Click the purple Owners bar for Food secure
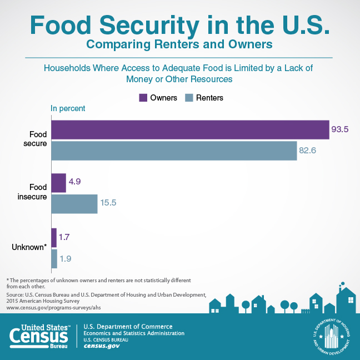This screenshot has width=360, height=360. pyautogui.click(x=190, y=129)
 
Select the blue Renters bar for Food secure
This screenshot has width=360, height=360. pyautogui.click(x=174, y=151)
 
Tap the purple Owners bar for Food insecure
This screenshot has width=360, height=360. pyautogui.click(x=58, y=183)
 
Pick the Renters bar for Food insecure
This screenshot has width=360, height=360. pyautogui.click(x=74, y=204)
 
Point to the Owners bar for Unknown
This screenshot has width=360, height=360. pyautogui.click(x=54, y=237)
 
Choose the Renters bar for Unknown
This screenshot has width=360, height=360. pyautogui.click(x=54, y=258)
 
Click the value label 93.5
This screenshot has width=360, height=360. pyautogui.click(x=340, y=129)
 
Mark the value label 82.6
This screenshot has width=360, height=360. pyautogui.click(x=308, y=151)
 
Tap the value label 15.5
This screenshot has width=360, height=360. pyautogui.click(x=109, y=204)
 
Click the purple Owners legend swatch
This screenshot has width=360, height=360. pyautogui.click(x=143, y=98)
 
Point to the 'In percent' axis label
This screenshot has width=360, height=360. pyautogui.click(x=68, y=108)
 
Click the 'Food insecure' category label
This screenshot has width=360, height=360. pyautogui.click(x=31, y=192)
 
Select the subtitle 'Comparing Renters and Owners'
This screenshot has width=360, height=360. pyautogui.click(x=180, y=43)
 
